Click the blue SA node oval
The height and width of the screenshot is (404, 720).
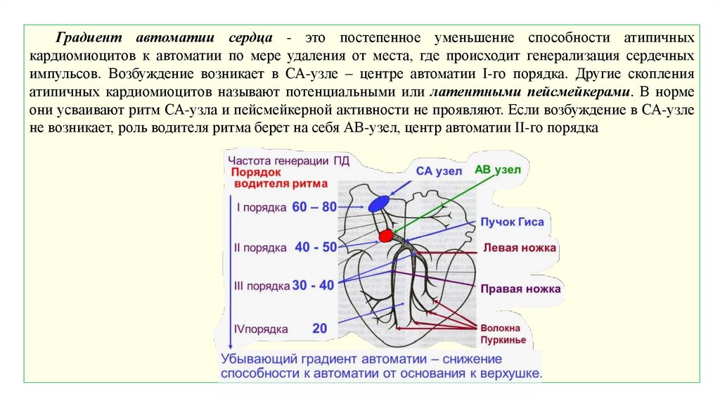pyautogui.click(x=378, y=203)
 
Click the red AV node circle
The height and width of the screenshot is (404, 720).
pyautogui.click(x=385, y=236)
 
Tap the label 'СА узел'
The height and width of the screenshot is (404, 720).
pyautogui.click(x=439, y=171)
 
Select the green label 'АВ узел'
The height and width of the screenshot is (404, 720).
pyautogui.click(x=498, y=170)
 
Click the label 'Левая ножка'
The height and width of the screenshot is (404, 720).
pyautogui.click(x=519, y=248)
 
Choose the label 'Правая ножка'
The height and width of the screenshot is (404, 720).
pyautogui.click(x=520, y=289)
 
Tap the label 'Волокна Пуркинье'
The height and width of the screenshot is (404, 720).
pyautogui.click(x=501, y=334)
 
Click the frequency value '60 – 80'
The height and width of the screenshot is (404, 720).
pyautogui.click(x=314, y=207)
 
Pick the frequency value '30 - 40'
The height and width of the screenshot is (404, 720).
pyautogui.click(x=313, y=285)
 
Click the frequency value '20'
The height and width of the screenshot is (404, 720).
pyautogui.click(x=320, y=328)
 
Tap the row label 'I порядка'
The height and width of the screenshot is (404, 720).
pyautogui.click(x=261, y=208)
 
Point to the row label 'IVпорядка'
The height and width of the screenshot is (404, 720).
pyautogui.click(x=261, y=329)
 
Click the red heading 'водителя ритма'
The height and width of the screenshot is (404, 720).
pyautogui.click(x=281, y=184)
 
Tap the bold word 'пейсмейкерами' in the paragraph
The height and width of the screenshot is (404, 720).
pyautogui.click(x=585, y=91)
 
